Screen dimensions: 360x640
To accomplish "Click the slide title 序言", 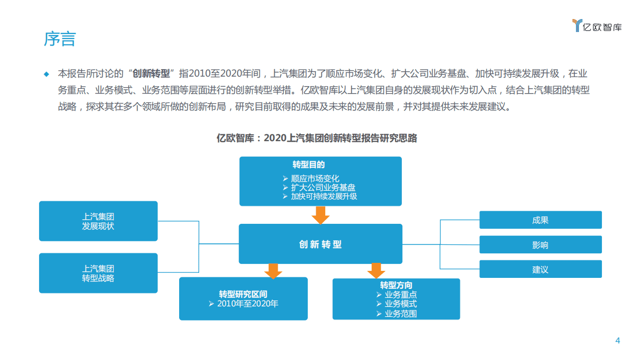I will (x=60, y=39).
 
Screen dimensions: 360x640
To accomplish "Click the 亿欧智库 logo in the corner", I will (x=597, y=26).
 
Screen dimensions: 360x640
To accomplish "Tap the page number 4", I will (x=617, y=341).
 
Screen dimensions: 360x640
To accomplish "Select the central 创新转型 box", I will (x=320, y=244).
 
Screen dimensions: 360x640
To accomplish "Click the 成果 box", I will (x=540, y=220).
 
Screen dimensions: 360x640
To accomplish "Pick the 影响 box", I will (x=540, y=245).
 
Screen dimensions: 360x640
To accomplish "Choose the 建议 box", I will (x=540, y=269).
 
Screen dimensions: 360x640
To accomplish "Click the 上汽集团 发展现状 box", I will (x=98, y=221).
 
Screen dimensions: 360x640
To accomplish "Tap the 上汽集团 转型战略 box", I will (x=98, y=273).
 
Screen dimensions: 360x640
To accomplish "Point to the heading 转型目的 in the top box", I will (x=309, y=165).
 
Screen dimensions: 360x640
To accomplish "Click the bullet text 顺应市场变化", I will (x=315, y=178).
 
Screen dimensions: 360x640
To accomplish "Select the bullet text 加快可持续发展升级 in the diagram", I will (x=324, y=196).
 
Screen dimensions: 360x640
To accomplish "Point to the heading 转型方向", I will (x=396, y=285).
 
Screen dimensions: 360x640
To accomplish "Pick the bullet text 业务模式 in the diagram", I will (x=400, y=304).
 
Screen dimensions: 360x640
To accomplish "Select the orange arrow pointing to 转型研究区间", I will (x=273, y=271).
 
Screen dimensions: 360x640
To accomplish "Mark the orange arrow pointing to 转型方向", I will (x=376, y=271).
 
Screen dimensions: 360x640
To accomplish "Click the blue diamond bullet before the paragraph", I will (x=47, y=74).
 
